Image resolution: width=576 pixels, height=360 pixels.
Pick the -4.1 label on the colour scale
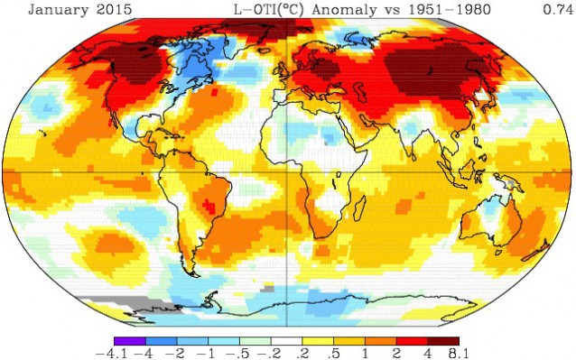114,352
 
